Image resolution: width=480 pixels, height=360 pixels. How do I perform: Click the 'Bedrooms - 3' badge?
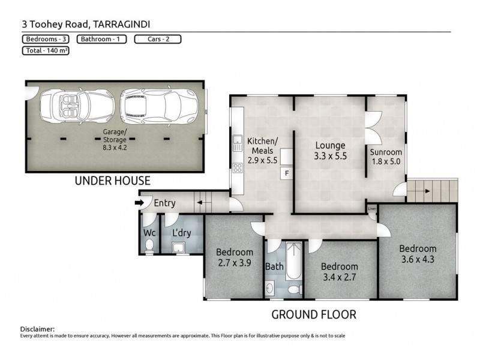(x=45, y=40)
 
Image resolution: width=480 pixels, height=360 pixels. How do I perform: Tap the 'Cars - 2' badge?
(x=157, y=40)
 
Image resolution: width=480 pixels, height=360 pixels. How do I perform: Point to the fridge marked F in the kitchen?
(x=287, y=173)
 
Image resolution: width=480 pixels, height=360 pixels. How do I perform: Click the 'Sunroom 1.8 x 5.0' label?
(x=385, y=157)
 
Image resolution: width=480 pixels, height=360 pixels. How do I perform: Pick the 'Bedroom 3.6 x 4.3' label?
(x=418, y=254)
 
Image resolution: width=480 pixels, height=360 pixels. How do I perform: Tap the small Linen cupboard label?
(x=372, y=209)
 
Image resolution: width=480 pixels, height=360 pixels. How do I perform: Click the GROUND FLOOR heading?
(x=314, y=314)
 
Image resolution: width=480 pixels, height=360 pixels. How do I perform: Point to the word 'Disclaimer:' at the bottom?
(x=37, y=329)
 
